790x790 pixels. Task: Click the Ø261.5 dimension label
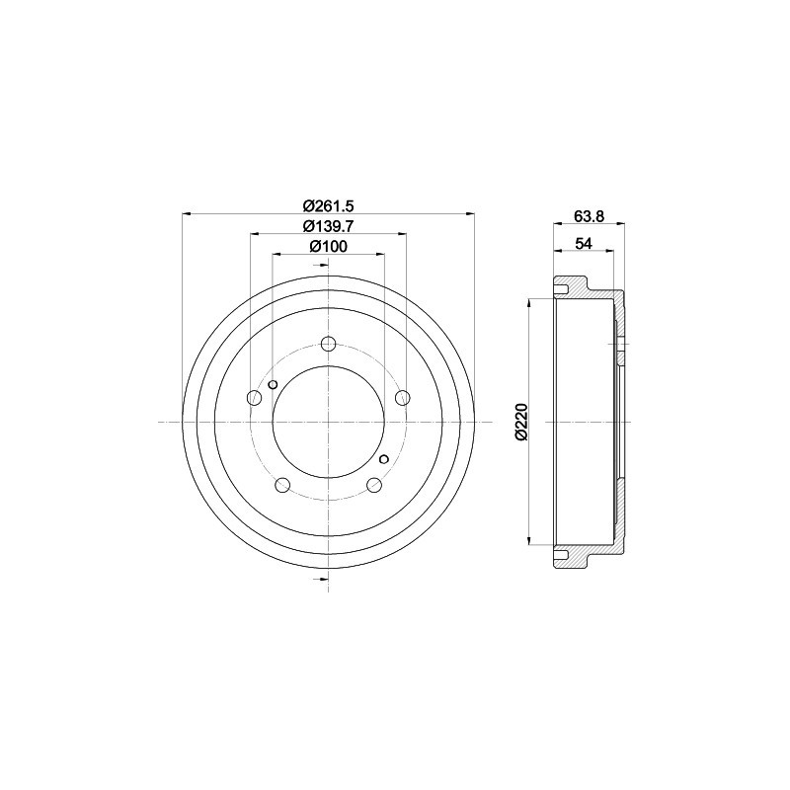tap(327, 205)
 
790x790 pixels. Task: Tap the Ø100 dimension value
tap(327, 247)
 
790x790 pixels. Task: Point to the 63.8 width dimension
tap(587, 215)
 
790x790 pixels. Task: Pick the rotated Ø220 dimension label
tap(521, 422)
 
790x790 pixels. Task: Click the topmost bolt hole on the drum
tap(328, 345)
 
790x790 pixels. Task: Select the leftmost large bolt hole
tap(254, 398)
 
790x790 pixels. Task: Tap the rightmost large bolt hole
tap(402, 398)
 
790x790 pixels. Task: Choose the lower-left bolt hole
tap(282, 485)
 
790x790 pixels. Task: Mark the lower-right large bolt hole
tap(373, 485)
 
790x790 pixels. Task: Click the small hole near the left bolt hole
tap(274, 384)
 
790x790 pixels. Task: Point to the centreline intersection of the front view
tap(328, 423)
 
